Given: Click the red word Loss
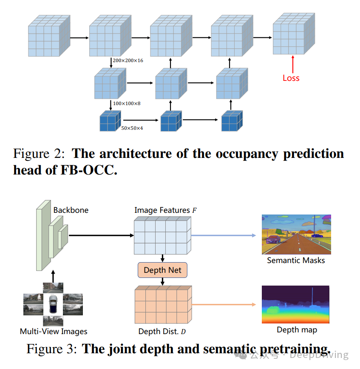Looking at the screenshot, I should coord(291,78).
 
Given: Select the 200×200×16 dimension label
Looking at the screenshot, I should coord(128,61).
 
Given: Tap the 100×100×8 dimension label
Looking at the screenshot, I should coord(127,103).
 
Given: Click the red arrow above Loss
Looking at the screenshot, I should coord(292,63).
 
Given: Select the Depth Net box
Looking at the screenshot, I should coord(162,270).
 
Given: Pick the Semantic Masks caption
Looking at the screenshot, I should coord(296,260).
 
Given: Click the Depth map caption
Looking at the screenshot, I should coord(297,330).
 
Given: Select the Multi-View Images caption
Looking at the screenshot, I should coord(54,331).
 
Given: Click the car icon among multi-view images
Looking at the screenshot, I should coord(53,304).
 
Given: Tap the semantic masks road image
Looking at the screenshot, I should coord(296,235).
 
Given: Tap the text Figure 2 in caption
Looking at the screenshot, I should coord(39,153).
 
